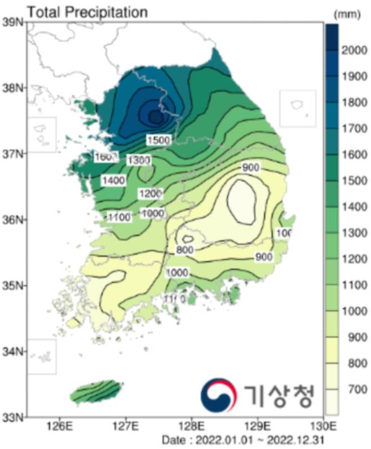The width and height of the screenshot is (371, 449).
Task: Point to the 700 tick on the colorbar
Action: click(x=351, y=390)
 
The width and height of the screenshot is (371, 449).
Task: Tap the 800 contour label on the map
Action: click(x=185, y=250)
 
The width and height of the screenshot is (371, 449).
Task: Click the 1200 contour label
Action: click(x=150, y=194)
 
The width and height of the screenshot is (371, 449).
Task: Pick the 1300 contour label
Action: click(x=138, y=160)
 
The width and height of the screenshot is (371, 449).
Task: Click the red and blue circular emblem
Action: click(x=219, y=394)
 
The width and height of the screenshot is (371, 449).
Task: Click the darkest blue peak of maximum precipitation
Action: click(x=155, y=116)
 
